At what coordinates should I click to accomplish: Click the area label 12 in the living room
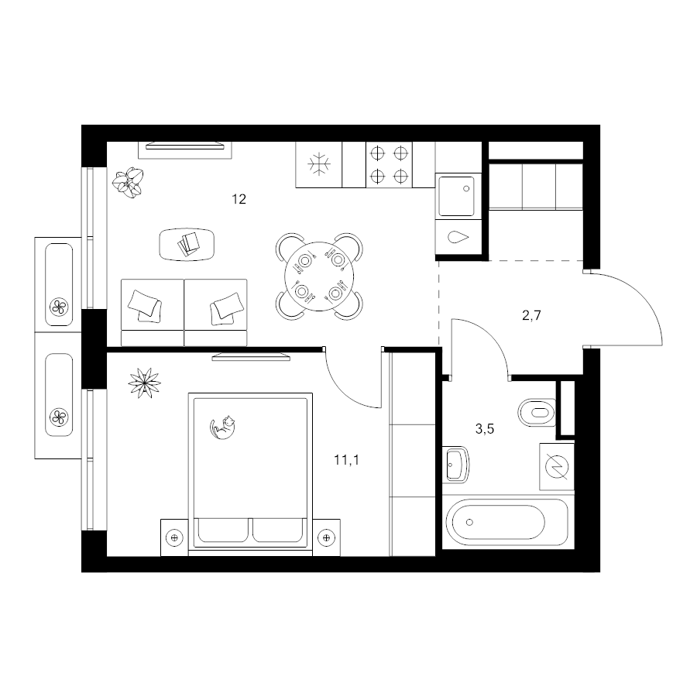click(239, 199)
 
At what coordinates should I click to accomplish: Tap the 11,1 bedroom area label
click(347, 460)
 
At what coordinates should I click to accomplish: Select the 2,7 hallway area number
click(531, 316)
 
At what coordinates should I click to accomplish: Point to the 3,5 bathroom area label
click(485, 429)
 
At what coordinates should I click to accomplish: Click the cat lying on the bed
click(222, 427)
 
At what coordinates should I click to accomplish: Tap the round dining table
click(319, 276)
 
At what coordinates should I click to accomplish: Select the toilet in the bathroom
click(537, 413)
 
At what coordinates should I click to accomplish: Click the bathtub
click(506, 521)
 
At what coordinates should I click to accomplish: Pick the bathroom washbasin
click(455, 465)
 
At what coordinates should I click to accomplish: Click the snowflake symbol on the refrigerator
click(319, 164)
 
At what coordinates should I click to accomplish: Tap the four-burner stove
click(389, 164)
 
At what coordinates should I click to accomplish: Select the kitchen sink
click(457, 196)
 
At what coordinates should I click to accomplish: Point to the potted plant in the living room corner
click(128, 182)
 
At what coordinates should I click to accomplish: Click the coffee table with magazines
click(187, 244)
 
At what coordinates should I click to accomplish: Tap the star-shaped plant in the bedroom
click(144, 383)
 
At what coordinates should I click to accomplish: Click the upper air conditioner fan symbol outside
click(59, 307)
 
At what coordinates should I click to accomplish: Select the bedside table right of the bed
click(326, 537)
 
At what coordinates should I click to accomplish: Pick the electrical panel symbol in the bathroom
click(557, 467)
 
